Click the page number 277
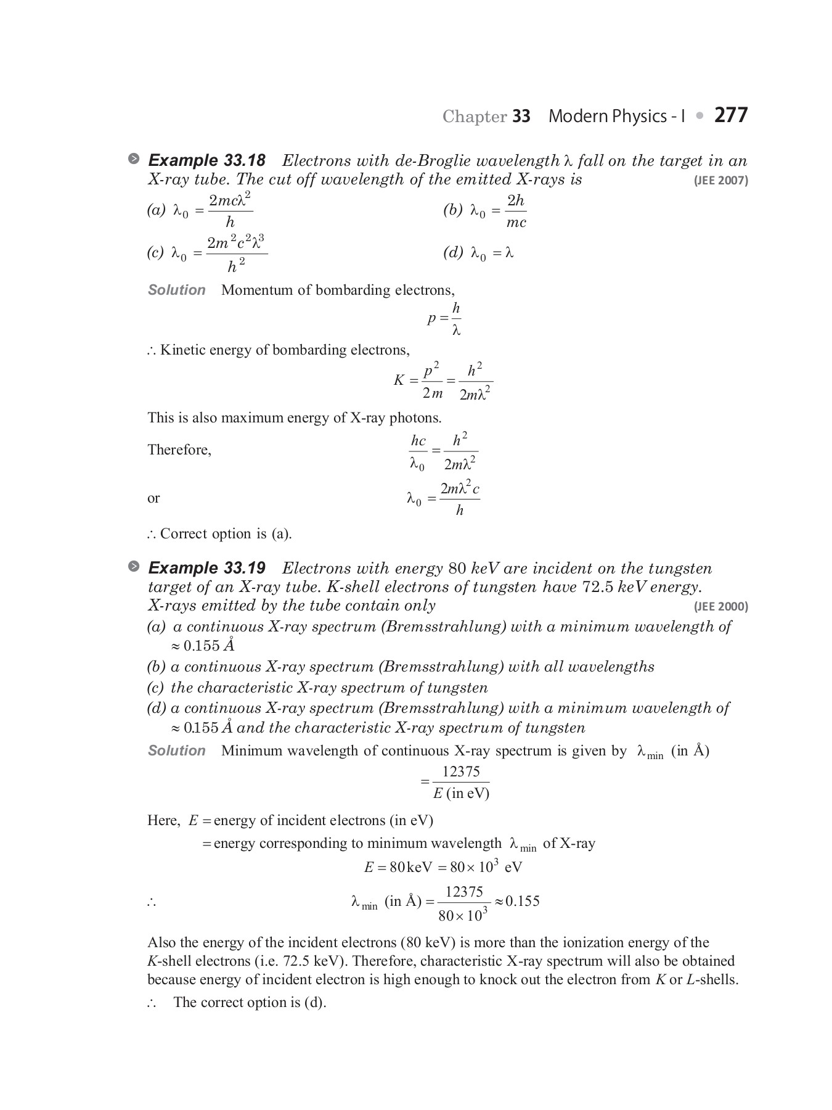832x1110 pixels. pyautogui.click(x=731, y=115)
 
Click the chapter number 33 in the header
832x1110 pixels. pyautogui.click(x=521, y=117)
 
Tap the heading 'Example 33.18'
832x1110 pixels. pyautogui.click(x=207, y=161)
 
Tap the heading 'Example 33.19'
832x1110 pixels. pyautogui.click(x=207, y=568)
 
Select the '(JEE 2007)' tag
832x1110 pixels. pyautogui.click(x=720, y=181)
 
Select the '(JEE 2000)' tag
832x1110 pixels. pyautogui.click(x=720, y=606)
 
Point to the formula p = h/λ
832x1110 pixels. pyautogui.click(x=444, y=319)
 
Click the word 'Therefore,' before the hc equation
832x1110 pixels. pyautogui.click(x=179, y=450)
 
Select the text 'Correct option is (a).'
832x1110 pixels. pyautogui.click(x=226, y=534)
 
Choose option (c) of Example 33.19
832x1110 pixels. pyautogui.click(x=317, y=688)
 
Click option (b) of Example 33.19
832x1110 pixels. pyautogui.click(x=401, y=667)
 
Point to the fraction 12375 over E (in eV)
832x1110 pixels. pyautogui.click(x=460, y=782)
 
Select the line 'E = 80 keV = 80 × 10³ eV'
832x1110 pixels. pyautogui.click(x=443, y=867)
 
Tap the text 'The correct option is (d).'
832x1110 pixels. pyautogui.click(x=250, y=1002)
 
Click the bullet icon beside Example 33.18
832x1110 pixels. pyautogui.click(x=134, y=159)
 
